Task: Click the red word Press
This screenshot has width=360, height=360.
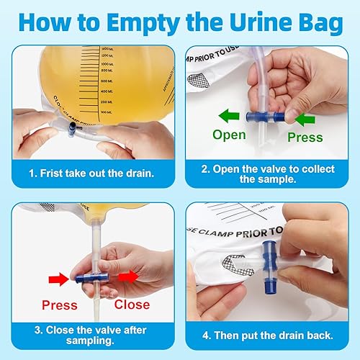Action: pyautogui.click(x=59, y=305)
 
